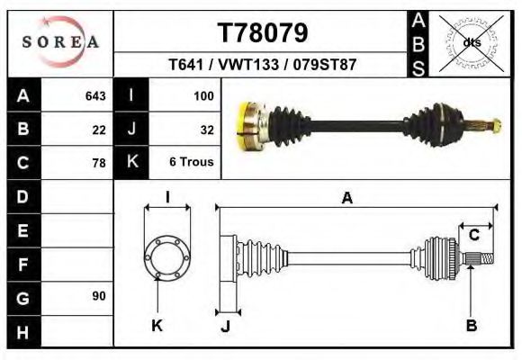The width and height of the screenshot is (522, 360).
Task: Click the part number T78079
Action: (263, 32)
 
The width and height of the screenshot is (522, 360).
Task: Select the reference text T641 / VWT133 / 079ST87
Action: (263, 67)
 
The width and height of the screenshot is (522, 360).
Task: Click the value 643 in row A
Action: (95, 95)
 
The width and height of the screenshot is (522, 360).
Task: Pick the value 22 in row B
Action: (99, 129)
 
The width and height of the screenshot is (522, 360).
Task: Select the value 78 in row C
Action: (99, 163)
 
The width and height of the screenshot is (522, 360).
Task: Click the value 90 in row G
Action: (99, 296)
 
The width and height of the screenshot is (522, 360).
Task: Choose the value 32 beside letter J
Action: (205, 129)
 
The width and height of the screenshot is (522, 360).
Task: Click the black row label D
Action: (22, 196)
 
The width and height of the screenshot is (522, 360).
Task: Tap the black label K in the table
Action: (131, 162)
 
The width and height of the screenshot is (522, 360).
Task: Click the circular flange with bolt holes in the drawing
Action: (167, 256)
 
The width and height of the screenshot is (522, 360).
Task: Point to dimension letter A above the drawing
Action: (346, 200)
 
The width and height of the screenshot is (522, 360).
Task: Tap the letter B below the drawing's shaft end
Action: (471, 326)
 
